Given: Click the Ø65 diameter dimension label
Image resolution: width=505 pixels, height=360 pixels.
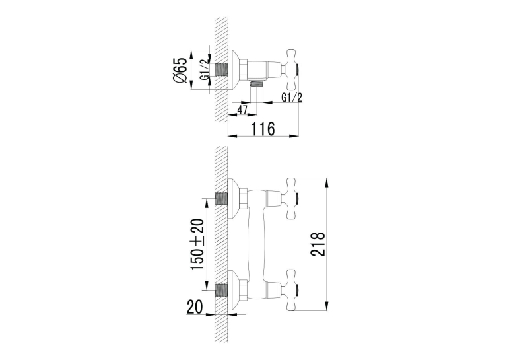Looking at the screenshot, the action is [x=180, y=69].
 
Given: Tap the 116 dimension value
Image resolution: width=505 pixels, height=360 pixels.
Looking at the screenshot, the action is [x=263, y=129].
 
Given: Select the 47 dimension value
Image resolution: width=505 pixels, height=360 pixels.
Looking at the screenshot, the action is [x=242, y=110].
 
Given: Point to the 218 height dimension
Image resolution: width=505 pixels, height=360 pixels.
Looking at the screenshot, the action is [x=318, y=244].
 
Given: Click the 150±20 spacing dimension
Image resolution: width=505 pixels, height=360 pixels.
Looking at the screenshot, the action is [x=198, y=244].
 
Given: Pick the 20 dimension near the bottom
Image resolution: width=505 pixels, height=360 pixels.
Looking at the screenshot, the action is [x=195, y=306].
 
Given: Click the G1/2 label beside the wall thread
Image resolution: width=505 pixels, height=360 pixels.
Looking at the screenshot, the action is [x=205, y=69].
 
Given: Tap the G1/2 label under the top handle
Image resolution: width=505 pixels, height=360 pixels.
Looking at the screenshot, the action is [x=292, y=97].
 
